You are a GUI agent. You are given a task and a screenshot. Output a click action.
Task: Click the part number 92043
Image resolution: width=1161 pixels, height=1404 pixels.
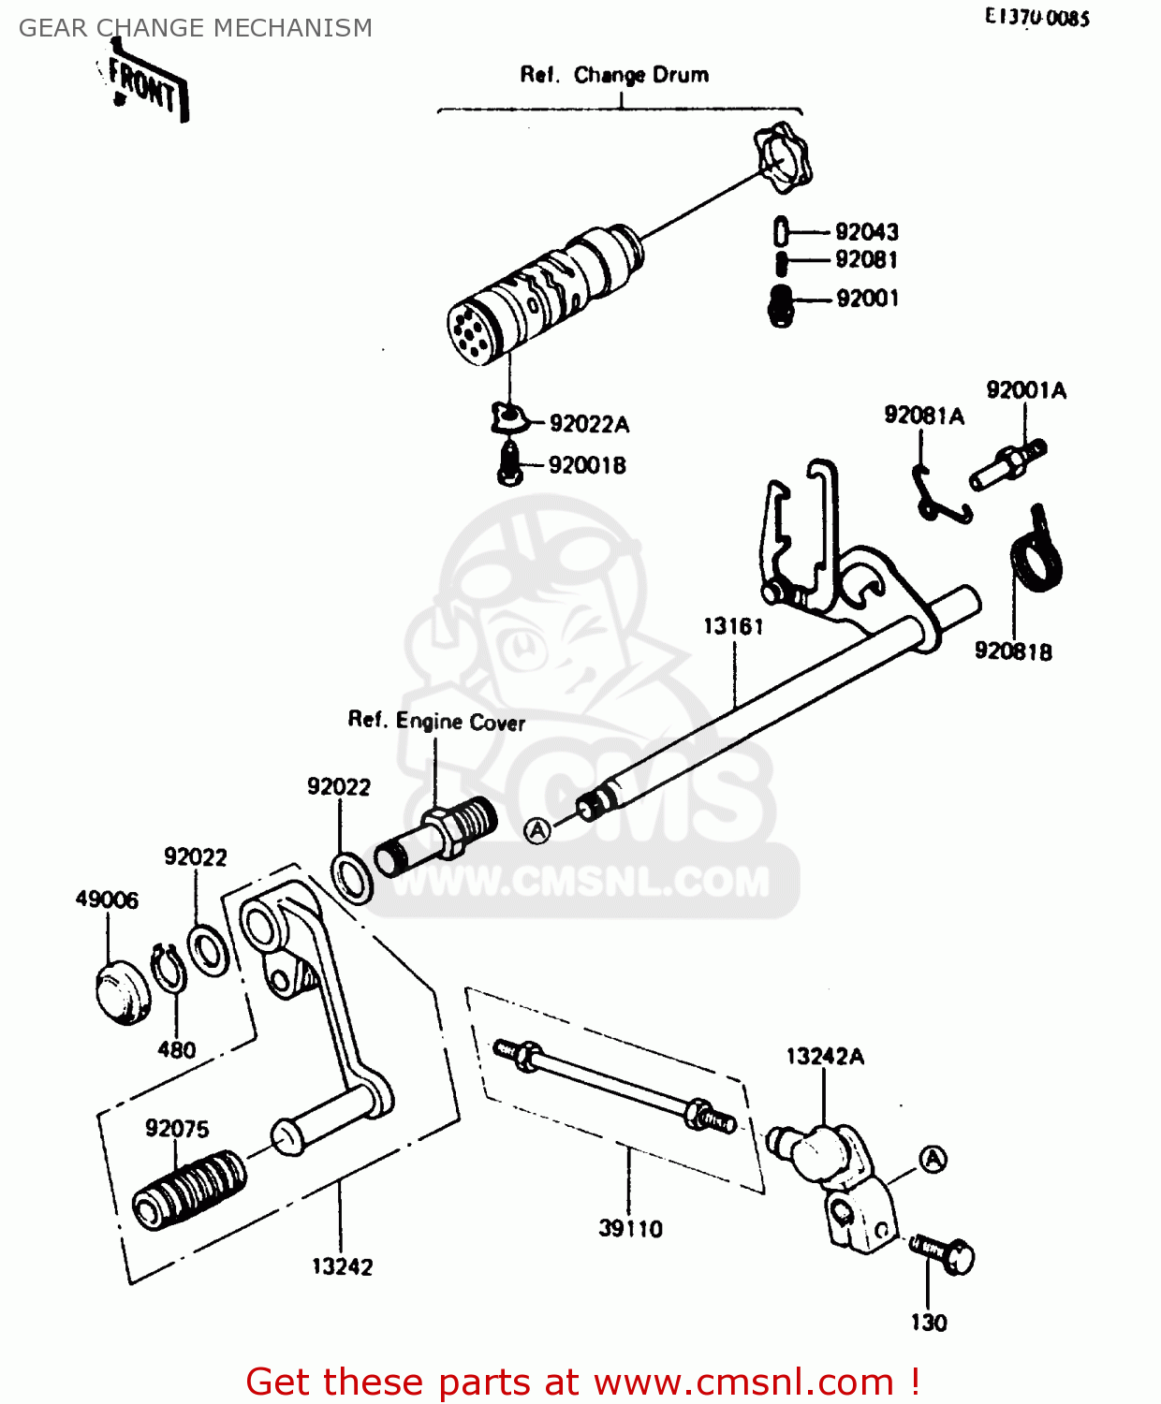coord(866,231)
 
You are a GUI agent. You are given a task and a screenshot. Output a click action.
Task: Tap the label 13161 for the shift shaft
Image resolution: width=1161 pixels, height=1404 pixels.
coord(733,626)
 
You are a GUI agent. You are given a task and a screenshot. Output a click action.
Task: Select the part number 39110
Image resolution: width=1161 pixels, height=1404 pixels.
coord(630,1228)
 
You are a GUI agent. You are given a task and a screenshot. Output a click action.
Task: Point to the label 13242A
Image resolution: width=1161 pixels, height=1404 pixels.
coord(824,1057)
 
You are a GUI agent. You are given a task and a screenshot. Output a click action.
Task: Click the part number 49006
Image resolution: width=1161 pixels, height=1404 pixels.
coord(107,899)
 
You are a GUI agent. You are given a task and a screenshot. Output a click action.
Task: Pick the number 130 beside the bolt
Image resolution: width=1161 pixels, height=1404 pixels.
coord(928,1323)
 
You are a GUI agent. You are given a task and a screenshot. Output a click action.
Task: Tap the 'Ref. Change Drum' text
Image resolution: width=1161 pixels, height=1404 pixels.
coord(614,75)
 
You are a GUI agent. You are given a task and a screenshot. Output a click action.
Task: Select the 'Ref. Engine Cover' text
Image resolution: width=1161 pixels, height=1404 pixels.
coord(436,721)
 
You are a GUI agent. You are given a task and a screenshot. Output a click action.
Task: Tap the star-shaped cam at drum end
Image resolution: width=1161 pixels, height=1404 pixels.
coord(783,159)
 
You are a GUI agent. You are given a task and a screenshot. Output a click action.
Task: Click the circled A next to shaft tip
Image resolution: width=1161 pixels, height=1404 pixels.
coord(537,830)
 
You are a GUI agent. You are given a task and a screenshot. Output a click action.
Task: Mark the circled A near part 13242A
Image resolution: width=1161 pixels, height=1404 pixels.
coord(933,1160)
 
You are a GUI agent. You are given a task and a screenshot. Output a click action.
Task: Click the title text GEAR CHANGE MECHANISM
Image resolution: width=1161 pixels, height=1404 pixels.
coord(196,28)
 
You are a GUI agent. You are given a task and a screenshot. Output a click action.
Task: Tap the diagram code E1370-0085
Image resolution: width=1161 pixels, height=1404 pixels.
coord(1036,18)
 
